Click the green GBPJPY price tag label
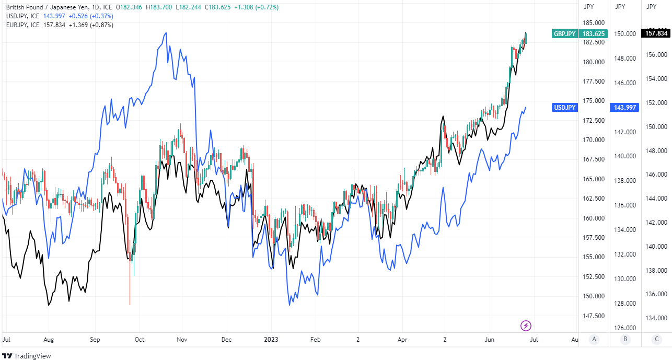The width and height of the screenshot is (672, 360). [x=564, y=34]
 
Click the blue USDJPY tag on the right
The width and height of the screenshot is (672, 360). [x=564, y=108]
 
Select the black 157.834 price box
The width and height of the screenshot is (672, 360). [x=657, y=33]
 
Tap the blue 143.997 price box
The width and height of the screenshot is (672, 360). [x=625, y=108]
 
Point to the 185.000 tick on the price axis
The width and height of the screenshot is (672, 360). [x=594, y=23]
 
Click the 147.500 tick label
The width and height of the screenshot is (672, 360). [x=594, y=316]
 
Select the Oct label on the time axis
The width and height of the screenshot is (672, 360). [x=139, y=340]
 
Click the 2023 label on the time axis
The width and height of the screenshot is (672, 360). [x=271, y=340]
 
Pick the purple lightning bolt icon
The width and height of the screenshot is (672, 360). [x=526, y=326]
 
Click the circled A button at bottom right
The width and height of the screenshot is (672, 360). [x=594, y=339]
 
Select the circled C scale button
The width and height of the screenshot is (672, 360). [x=656, y=339]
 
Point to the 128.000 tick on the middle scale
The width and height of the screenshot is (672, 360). [x=625, y=304]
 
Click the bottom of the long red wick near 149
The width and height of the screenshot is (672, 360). [x=130, y=304]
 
